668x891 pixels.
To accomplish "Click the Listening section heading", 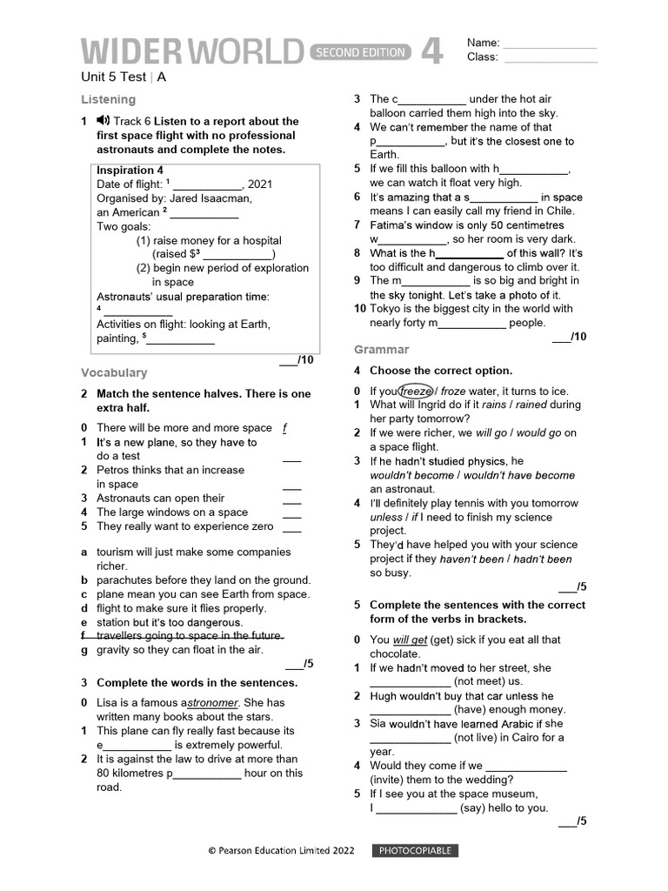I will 108,99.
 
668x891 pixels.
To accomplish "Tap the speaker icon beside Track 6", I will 103,121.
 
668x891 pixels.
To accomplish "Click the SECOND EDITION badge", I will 359,52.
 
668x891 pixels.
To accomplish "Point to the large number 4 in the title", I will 432,50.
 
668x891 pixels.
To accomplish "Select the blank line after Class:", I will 551,58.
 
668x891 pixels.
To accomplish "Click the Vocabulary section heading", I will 114,372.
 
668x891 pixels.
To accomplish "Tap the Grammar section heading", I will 381,349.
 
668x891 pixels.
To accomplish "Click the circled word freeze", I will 416,392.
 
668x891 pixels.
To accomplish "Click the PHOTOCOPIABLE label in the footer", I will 413,850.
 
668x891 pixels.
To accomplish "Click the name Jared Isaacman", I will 210,198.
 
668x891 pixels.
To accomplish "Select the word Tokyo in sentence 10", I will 386,308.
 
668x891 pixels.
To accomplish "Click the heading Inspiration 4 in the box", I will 130,171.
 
